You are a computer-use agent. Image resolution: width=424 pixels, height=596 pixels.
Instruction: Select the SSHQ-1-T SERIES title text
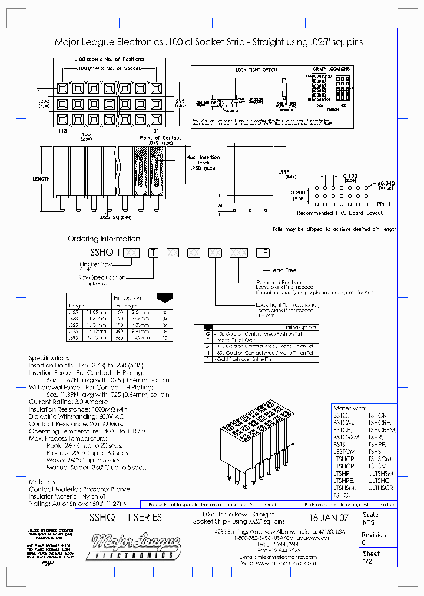125,518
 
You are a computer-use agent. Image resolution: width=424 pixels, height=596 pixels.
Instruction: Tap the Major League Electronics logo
133,546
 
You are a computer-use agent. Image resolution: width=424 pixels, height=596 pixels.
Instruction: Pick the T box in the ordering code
154,252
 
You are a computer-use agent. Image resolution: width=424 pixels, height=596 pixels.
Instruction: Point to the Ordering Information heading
104,239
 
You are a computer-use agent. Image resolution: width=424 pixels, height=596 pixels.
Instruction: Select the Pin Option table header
127,298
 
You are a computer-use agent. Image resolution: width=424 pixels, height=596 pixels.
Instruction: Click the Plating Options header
300,327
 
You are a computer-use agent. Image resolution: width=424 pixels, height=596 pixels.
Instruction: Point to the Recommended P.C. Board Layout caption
340,213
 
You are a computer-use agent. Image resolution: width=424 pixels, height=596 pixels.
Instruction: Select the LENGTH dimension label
41,178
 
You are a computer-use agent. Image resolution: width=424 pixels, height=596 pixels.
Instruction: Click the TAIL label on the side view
221,205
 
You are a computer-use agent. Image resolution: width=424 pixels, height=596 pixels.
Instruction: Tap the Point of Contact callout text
160,137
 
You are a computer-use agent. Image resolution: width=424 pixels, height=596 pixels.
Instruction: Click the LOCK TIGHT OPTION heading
256,70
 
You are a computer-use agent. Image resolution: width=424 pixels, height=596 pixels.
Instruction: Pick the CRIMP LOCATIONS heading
331,69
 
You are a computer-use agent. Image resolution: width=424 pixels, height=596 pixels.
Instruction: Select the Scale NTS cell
371,518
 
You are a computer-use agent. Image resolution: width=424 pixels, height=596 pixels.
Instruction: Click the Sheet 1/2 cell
371,557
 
